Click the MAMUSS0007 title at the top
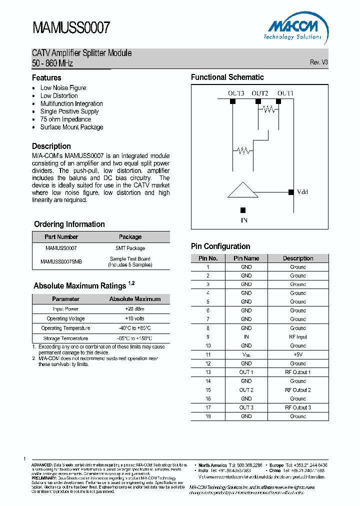[x=71, y=28]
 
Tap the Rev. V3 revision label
[x=318, y=62]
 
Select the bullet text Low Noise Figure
[x=63, y=88]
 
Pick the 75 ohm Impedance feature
[x=65, y=119]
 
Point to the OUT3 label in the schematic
[x=235, y=93]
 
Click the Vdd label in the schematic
[x=303, y=192]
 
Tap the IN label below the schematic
[x=243, y=219]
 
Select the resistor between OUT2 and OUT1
[x=269, y=109]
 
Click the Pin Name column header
[x=246, y=258]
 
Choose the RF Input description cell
[x=298, y=337]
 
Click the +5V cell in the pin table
[x=298, y=354]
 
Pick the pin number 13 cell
[x=208, y=372]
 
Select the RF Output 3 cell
[x=298, y=407]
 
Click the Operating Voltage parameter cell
[x=65, y=318]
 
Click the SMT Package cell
[x=130, y=248]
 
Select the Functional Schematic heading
[x=227, y=77]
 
